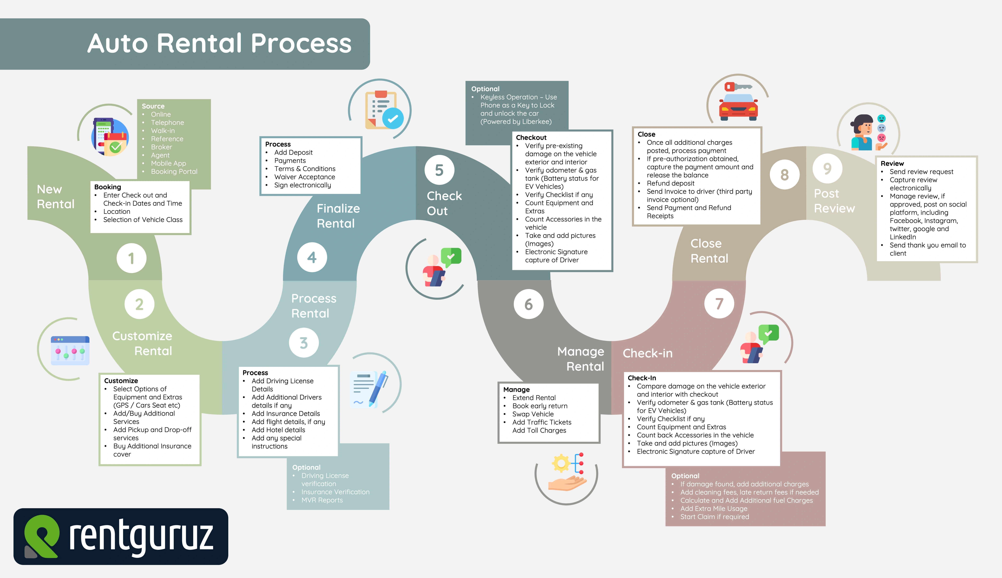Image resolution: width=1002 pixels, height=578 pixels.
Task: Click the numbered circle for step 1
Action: [131, 258]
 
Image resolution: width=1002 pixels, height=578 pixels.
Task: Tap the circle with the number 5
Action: [439, 170]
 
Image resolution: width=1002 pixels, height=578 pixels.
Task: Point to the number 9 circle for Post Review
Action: [827, 168]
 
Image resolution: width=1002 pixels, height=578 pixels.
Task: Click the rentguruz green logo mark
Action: [42, 536]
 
